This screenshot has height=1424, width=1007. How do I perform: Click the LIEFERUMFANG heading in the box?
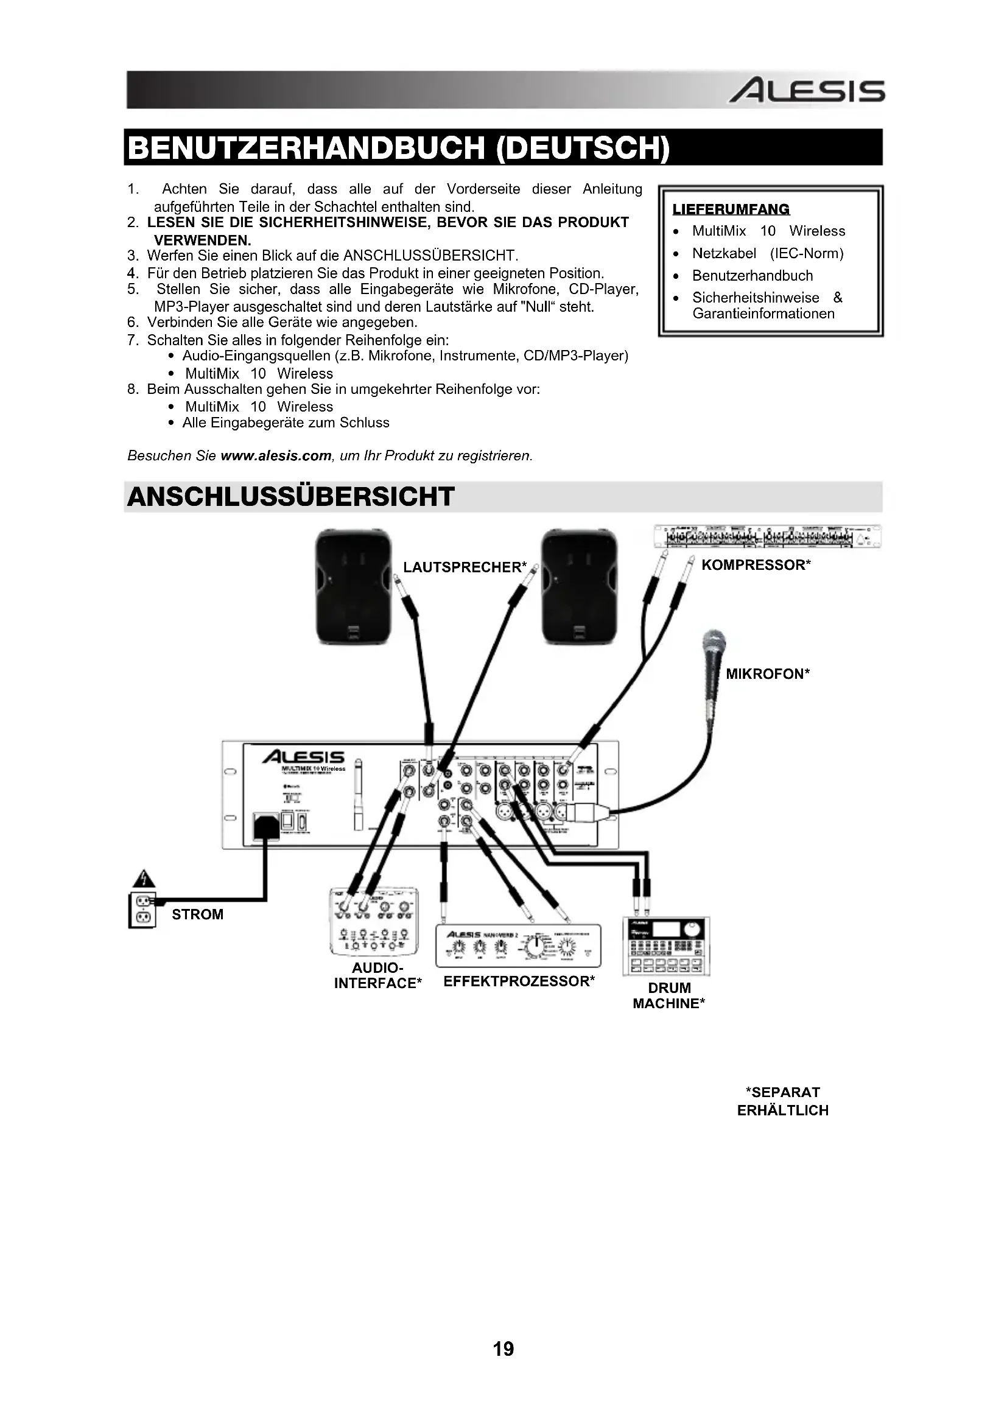(x=731, y=209)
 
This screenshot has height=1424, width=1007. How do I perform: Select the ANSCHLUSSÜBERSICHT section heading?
(x=290, y=497)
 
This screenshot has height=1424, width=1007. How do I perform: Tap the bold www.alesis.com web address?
(x=276, y=456)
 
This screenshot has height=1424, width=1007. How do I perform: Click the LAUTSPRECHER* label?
(x=465, y=567)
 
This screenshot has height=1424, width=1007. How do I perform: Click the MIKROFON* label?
(x=768, y=674)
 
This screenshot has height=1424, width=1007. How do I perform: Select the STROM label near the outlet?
(x=197, y=914)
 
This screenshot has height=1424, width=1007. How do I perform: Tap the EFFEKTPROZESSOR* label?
(x=519, y=981)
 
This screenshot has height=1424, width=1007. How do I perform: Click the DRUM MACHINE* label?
(x=669, y=995)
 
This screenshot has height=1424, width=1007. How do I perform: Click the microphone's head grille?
(x=713, y=645)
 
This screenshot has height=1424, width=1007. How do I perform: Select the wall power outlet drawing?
(x=142, y=909)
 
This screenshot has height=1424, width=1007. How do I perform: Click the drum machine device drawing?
(x=667, y=946)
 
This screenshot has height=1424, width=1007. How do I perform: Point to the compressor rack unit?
(x=768, y=536)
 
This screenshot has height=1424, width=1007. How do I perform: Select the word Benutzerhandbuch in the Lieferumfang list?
(x=752, y=275)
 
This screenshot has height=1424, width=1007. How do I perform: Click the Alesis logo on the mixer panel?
(x=303, y=757)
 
